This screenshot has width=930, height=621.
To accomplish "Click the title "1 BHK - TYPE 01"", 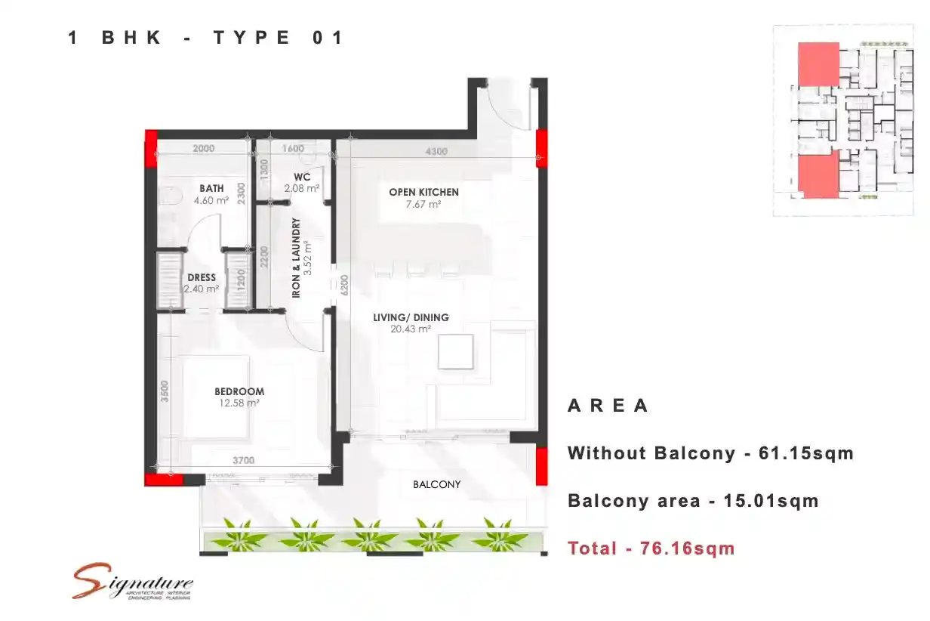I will pyautogui.click(x=206, y=38).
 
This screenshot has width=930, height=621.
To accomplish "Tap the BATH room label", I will pyautogui.click(x=211, y=189).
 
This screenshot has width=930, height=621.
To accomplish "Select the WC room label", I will pyautogui.click(x=302, y=178).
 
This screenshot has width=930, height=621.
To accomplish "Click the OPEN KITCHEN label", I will pyautogui.click(x=423, y=192).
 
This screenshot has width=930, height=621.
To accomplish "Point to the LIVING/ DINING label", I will pyautogui.click(x=411, y=317).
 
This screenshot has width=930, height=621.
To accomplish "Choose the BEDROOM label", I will pyautogui.click(x=239, y=391).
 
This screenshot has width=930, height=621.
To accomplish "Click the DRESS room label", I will pyautogui.click(x=202, y=278).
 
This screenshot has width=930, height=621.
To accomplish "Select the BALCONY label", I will pyautogui.click(x=436, y=484).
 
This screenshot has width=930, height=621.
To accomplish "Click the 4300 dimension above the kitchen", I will pyautogui.click(x=436, y=151).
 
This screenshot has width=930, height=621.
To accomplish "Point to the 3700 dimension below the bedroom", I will pyautogui.click(x=243, y=460).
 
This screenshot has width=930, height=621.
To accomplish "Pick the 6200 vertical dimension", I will pyautogui.click(x=344, y=283).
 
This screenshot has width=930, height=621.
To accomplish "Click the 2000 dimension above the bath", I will pyautogui.click(x=203, y=149).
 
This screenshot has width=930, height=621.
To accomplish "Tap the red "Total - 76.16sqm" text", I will pyautogui.click(x=651, y=548).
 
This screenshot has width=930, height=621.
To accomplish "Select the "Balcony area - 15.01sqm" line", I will pyautogui.click(x=692, y=501).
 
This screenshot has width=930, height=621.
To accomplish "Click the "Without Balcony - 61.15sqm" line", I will pyautogui.click(x=710, y=453).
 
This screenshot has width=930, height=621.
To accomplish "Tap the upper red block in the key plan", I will pyautogui.click(x=818, y=64).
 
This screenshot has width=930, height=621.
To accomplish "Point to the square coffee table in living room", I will pyautogui.click(x=456, y=351).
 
